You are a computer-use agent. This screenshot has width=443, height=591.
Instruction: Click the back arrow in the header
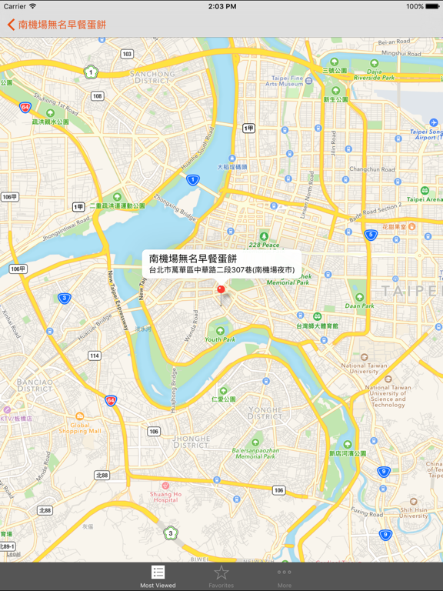[x=11, y=25]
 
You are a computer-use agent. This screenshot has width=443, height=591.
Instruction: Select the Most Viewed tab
[x=158, y=576]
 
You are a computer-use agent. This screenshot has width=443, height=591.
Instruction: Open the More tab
[x=285, y=576]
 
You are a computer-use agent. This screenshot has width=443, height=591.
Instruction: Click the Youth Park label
[x=220, y=339]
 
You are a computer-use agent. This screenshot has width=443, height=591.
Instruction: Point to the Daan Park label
[x=359, y=306]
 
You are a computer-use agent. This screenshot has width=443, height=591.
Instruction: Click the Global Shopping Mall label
[x=79, y=428]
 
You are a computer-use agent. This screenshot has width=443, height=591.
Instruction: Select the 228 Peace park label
[x=264, y=245]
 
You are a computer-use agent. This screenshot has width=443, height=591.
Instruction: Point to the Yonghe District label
[x=265, y=413]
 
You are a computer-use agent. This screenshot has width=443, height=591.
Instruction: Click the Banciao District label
[x=35, y=385]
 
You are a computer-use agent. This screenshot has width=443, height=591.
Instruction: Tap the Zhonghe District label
[x=192, y=442]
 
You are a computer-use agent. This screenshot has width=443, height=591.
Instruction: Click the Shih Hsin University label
[x=414, y=513]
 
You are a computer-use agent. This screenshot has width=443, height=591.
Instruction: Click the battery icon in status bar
[x=432, y=6]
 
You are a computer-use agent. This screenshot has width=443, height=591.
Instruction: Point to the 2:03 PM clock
[x=221, y=6]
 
